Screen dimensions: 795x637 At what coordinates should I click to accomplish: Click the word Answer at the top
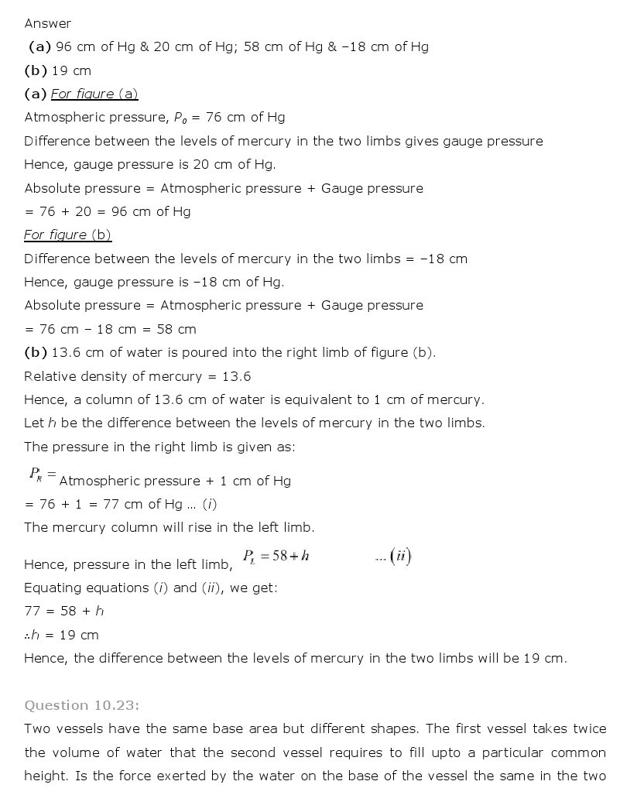(47, 23)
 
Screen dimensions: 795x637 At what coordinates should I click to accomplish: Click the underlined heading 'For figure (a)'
(94, 94)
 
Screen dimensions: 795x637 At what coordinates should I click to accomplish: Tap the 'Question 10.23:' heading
(81, 704)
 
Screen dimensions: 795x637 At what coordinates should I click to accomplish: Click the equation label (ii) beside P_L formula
(400, 556)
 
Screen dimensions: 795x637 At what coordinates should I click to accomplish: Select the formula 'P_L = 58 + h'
(276, 556)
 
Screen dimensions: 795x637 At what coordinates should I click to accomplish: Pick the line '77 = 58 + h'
(64, 611)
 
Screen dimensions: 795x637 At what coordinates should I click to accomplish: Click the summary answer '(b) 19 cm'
(58, 70)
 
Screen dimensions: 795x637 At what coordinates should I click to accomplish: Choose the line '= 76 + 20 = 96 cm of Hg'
(108, 211)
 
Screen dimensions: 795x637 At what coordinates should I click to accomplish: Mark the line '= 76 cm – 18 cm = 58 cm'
(110, 329)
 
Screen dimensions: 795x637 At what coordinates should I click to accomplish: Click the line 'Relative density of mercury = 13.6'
(137, 376)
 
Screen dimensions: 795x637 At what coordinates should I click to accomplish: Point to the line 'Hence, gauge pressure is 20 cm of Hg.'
(149, 164)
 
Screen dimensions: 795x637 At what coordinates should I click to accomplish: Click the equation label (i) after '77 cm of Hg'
(209, 504)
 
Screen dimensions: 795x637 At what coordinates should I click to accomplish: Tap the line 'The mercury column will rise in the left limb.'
(170, 527)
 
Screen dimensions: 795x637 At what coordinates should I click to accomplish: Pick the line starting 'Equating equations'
(150, 588)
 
